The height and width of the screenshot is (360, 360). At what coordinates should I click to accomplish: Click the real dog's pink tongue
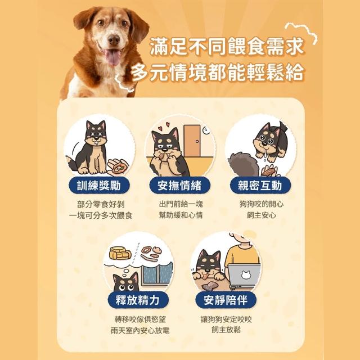click(113, 57)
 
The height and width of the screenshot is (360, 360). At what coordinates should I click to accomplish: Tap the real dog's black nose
click(114, 40)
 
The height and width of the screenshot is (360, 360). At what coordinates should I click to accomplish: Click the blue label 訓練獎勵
click(99, 185)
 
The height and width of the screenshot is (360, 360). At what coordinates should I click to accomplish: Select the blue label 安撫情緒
click(179, 185)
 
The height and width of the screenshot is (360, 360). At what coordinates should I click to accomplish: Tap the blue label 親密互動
click(260, 185)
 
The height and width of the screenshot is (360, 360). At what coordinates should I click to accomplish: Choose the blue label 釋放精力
click(138, 300)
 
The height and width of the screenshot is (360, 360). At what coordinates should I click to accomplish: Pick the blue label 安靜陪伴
click(226, 300)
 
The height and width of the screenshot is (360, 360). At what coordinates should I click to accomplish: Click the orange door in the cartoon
click(192, 141)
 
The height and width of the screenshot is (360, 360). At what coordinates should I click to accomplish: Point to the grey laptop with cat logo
click(245, 276)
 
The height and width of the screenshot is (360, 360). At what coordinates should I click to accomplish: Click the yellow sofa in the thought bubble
click(120, 253)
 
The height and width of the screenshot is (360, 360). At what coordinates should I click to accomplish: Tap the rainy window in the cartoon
click(157, 274)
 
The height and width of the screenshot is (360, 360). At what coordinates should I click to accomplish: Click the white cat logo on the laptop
click(245, 275)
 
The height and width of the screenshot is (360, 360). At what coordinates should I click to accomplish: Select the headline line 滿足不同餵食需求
click(227, 47)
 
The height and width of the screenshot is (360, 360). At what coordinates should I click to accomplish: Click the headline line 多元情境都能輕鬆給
click(218, 72)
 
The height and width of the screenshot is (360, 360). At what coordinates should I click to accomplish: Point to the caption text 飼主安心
click(261, 215)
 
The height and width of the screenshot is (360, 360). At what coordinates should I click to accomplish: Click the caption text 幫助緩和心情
click(181, 215)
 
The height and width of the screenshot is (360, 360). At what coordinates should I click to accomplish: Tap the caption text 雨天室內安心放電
click(140, 330)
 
